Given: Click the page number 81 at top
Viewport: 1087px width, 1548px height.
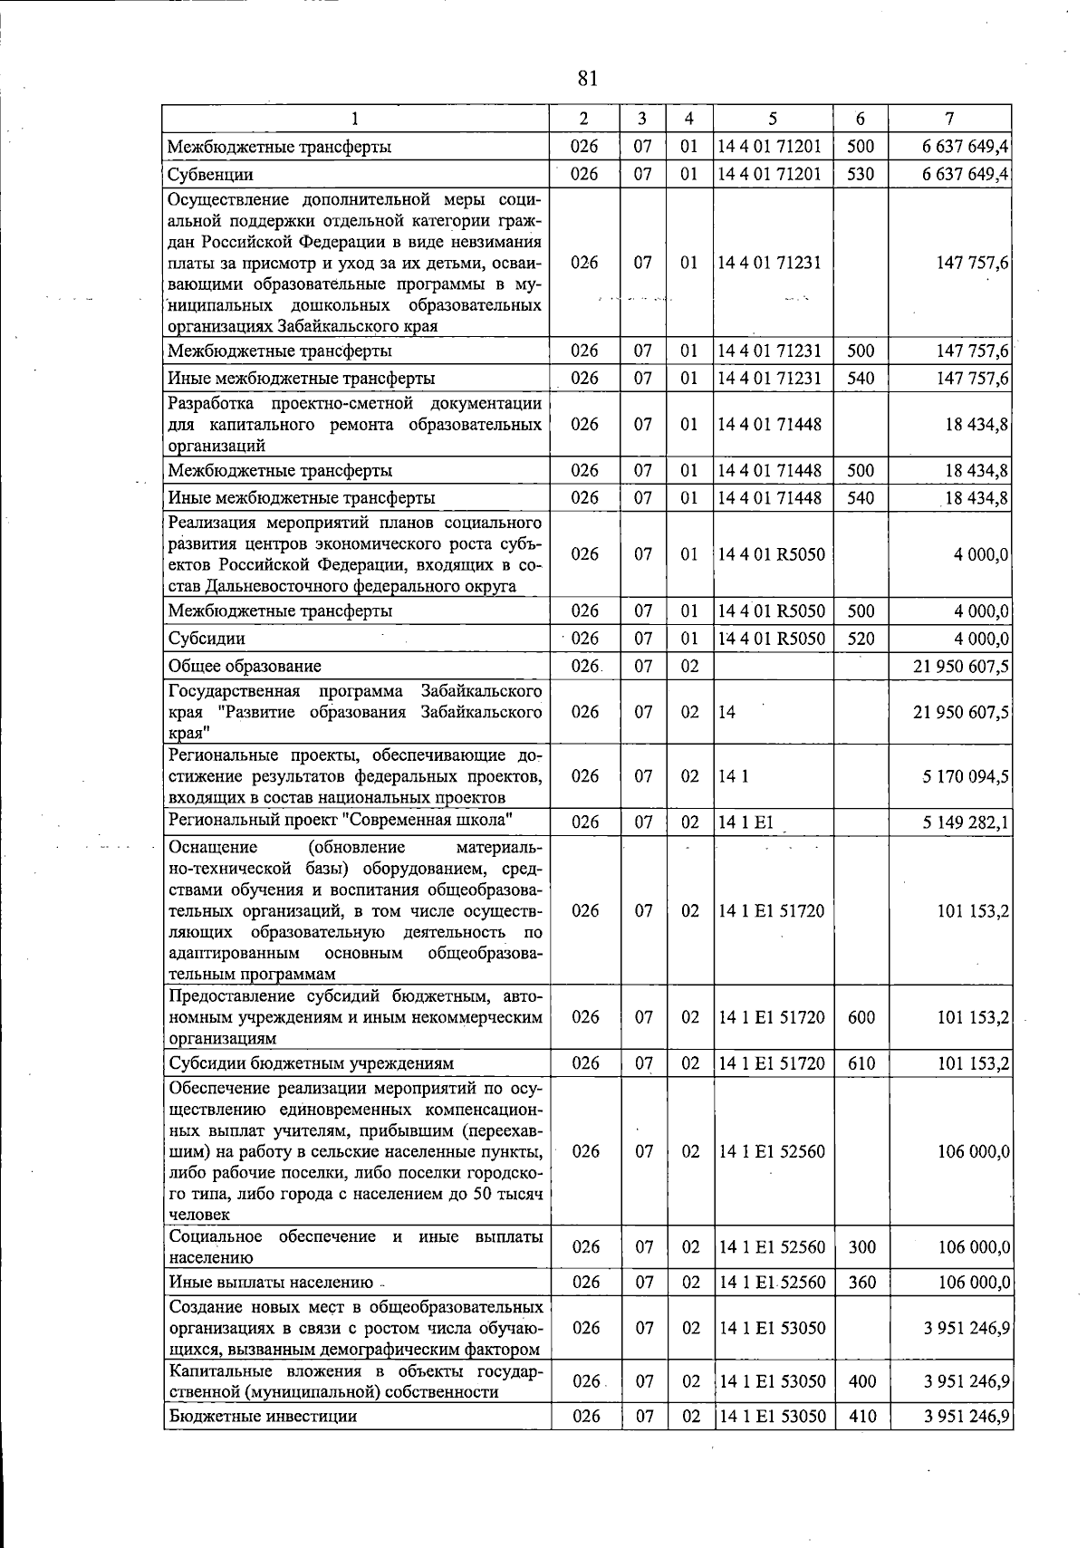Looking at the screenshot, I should (587, 79).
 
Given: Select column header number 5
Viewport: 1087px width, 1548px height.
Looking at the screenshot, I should (772, 119).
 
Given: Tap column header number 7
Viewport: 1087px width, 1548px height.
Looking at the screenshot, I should (948, 119).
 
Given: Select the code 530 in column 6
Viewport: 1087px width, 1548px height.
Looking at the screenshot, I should (861, 174).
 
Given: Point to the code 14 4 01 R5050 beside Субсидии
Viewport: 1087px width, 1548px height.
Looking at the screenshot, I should (772, 639).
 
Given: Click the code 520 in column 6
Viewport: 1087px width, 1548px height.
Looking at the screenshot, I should (861, 639).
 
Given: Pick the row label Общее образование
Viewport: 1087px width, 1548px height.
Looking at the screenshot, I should (245, 667).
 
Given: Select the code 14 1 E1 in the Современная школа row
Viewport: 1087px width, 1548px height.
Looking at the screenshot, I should (746, 822).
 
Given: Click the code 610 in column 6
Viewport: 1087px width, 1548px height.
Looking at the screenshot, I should (861, 1063).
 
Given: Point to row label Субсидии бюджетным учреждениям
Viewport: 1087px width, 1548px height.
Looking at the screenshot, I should (311, 1063).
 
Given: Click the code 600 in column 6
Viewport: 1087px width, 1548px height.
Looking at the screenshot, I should (861, 1017).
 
